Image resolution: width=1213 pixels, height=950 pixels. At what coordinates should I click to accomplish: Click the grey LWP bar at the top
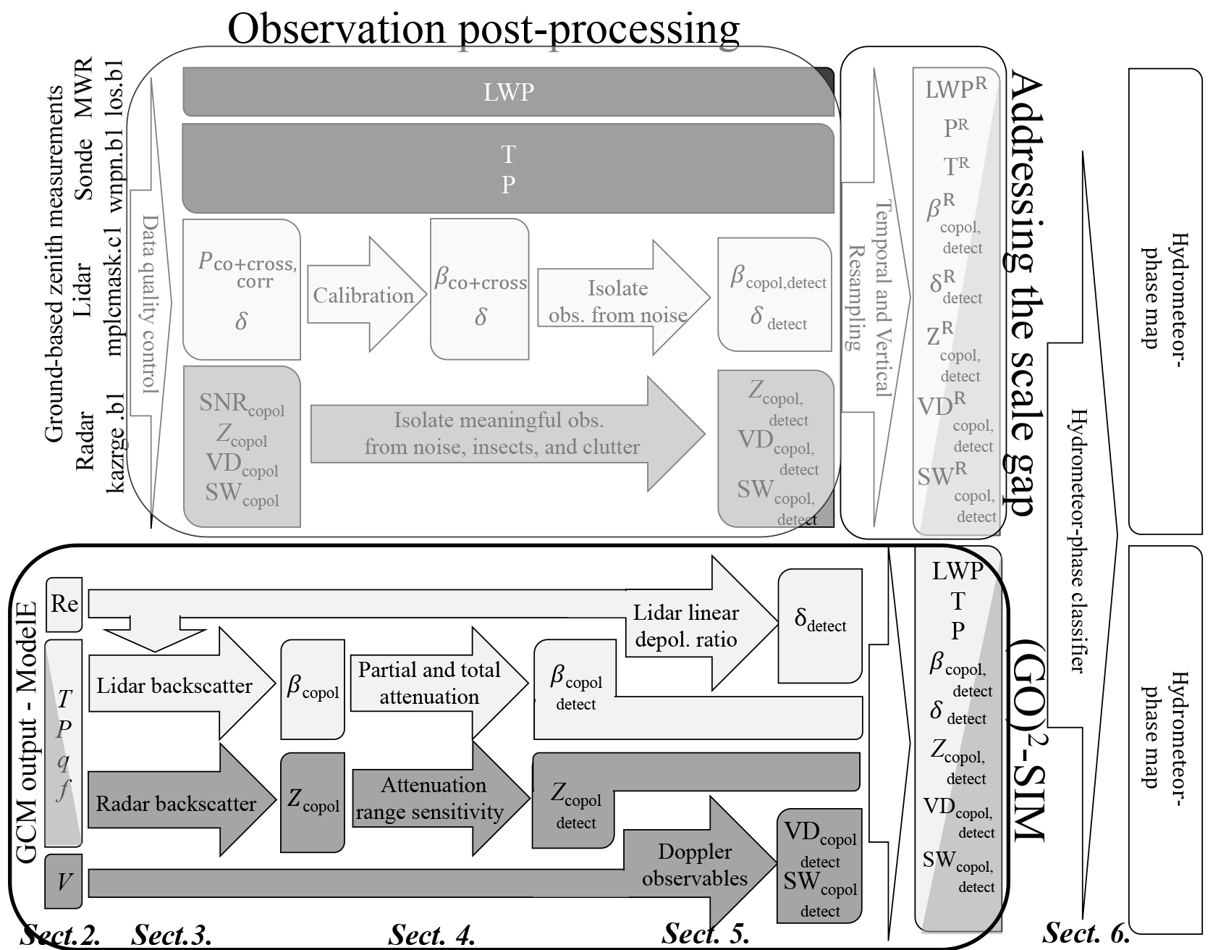[508, 92]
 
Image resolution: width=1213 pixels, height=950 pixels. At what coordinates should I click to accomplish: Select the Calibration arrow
[363, 295]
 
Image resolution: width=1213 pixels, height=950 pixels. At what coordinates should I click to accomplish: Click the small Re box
[64, 603]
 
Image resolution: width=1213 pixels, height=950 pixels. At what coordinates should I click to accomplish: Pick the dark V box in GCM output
[64, 881]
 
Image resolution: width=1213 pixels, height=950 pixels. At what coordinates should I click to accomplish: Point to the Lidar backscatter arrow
[174, 685]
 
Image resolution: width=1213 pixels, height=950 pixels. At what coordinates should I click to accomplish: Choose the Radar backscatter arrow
[176, 803]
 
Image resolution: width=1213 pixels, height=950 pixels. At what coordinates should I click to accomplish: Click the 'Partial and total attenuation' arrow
[429, 683]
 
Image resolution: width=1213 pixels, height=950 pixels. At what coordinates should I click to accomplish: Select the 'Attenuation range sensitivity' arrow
[434, 799]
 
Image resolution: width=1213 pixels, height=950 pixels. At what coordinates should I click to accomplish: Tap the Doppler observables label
[695, 865]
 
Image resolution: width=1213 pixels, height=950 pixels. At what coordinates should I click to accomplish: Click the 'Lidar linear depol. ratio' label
[685, 626]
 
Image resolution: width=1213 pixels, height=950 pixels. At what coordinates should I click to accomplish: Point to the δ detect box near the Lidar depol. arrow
[820, 626]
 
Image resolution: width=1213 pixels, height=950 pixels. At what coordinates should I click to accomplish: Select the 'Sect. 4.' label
[432, 935]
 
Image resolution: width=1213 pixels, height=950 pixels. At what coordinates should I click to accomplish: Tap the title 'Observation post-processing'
[483, 29]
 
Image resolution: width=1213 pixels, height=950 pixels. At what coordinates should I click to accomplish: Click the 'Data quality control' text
[150, 304]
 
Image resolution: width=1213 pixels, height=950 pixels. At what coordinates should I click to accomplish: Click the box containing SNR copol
[242, 447]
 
